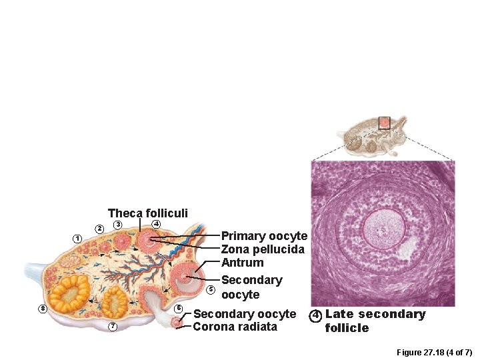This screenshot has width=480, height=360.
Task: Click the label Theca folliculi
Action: pyautogui.click(x=148, y=213)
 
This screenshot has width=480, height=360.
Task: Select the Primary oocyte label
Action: pyautogui.click(x=264, y=236)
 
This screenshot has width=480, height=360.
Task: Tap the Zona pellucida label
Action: pyautogui.click(x=263, y=249)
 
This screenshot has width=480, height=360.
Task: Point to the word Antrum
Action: pyautogui.click(x=242, y=263)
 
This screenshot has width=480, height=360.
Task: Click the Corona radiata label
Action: pyautogui.click(x=235, y=327)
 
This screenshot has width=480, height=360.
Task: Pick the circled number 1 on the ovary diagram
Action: pyautogui.click(x=77, y=239)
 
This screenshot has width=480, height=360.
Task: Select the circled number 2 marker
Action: pyautogui.click(x=99, y=229)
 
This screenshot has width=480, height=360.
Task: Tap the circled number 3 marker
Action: pyautogui.click(x=117, y=225)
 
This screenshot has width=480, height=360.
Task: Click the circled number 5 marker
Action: pyautogui.click(x=211, y=289)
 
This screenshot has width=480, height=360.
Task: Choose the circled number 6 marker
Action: pyautogui.click(x=179, y=308)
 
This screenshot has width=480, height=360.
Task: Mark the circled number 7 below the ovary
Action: pyautogui.click(x=113, y=326)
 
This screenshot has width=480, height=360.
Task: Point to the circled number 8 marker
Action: pyautogui.click(x=43, y=309)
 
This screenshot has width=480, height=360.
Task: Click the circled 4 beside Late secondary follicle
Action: pyautogui.click(x=316, y=315)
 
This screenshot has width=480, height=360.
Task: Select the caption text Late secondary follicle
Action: pyautogui.click(x=374, y=321)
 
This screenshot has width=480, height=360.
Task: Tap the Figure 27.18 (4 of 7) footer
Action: pyautogui.click(x=434, y=351)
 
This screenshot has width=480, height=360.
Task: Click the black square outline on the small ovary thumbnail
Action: pyautogui.click(x=384, y=123)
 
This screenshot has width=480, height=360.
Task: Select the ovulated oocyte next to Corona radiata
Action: pyautogui.click(x=177, y=323)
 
